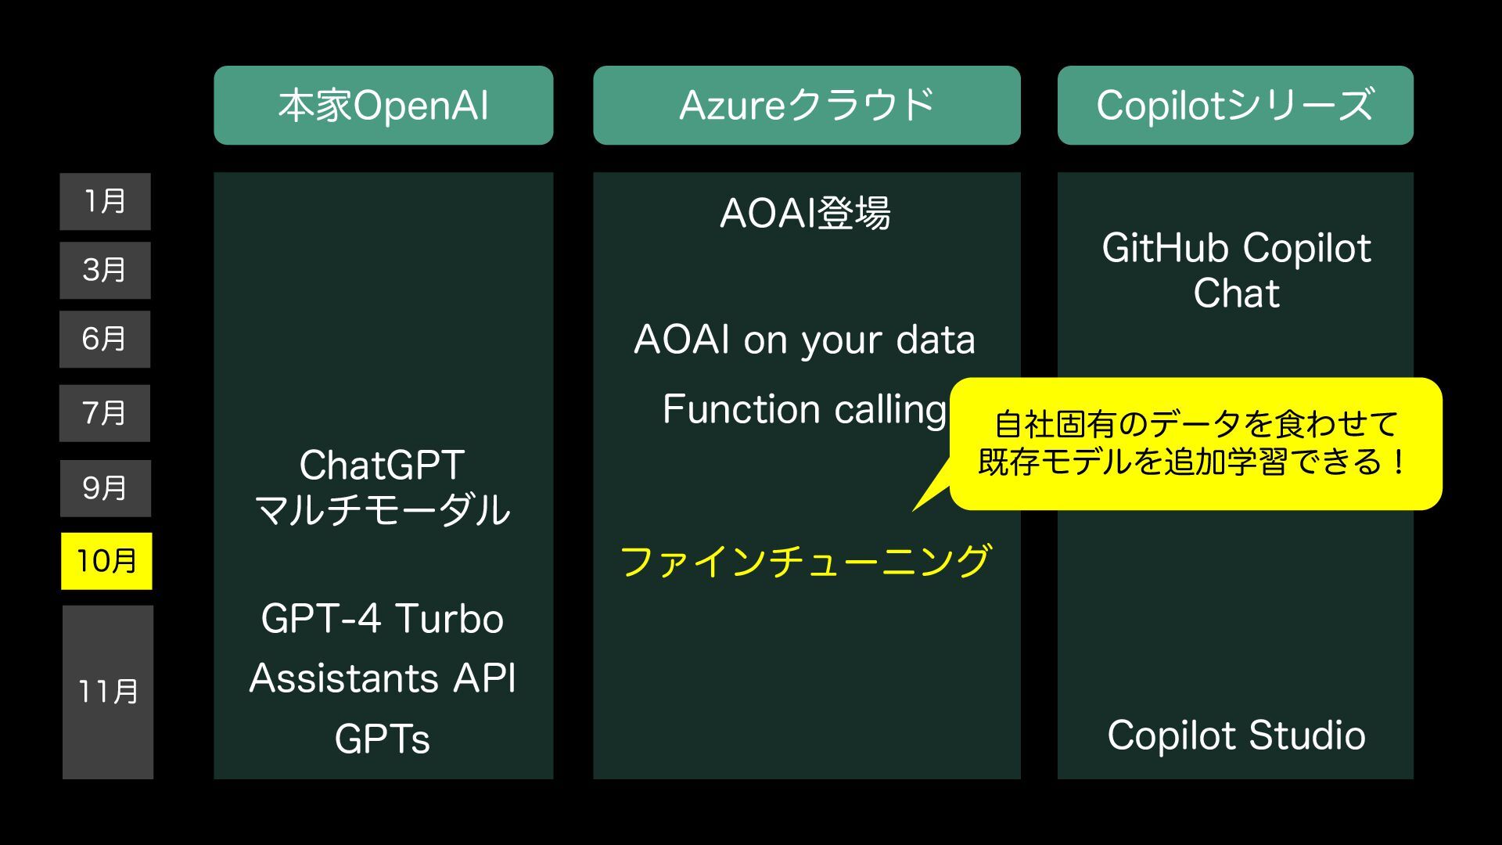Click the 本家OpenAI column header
383,106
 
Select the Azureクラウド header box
807,106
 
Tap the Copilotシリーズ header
1235,106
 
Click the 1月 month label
106,202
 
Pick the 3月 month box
106,271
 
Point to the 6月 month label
105,340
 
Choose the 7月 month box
105,413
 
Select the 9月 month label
106,489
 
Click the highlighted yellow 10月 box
106,561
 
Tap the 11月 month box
108,692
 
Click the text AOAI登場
805,213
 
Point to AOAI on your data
805,340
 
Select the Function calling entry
805,409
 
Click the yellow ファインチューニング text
806,561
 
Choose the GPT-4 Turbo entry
383,619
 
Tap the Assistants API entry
383,678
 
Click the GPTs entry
383,739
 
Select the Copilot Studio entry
1236,735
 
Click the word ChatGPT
383,466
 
